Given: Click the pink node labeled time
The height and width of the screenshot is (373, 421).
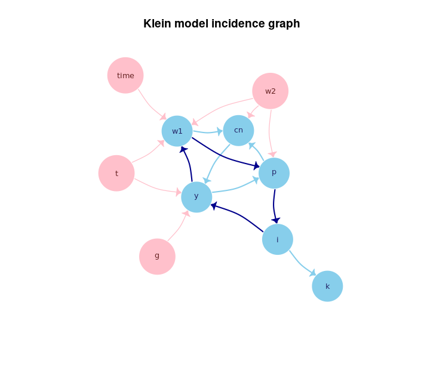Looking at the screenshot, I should tap(125, 75).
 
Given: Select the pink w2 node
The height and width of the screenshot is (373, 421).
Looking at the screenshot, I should tap(271, 91).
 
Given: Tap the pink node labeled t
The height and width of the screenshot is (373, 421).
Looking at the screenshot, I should tap(116, 173).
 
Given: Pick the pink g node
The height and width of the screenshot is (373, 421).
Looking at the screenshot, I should tap(157, 256).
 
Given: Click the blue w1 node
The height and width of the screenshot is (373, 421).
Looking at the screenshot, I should tap(177, 131).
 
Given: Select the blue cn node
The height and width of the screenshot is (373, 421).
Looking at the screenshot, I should tap(238, 130).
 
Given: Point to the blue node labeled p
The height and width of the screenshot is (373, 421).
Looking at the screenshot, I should tap(274, 172).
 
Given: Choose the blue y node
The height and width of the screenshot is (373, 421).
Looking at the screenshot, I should tap(196, 196).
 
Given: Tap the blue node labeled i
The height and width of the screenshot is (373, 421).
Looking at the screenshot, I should tap(278, 239).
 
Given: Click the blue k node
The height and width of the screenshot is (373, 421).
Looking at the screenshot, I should tap(327, 286).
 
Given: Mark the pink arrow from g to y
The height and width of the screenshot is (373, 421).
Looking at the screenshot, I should tap(178, 227).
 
